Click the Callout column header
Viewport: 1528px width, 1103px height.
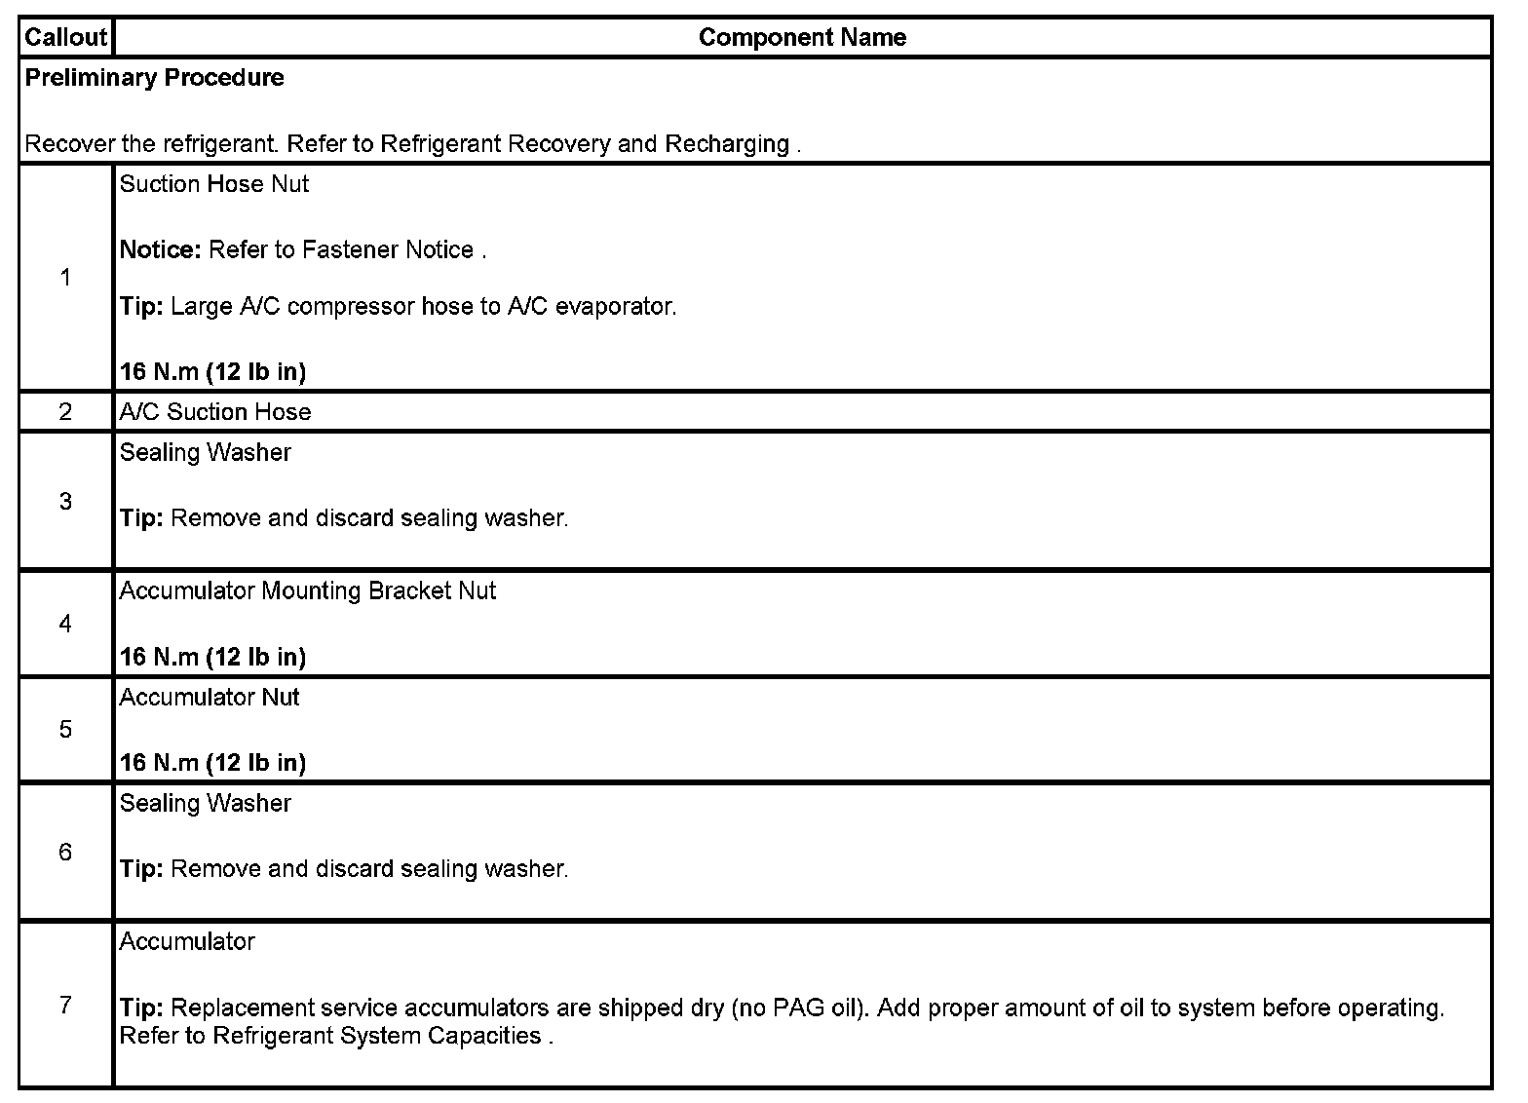(x=65, y=38)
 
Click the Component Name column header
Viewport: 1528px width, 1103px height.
(x=802, y=38)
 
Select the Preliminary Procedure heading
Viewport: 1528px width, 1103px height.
(x=154, y=78)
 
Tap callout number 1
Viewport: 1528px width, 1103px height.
(x=65, y=279)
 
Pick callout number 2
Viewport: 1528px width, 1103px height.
(x=65, y=412)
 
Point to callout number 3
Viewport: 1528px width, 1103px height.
(x=65, y=502)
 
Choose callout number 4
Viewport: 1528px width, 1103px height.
(x=65, y=624)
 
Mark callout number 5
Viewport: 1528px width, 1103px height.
(x=65, y=730)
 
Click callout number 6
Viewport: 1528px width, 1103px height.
(x=65, y=853)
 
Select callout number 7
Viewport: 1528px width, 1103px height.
(x=65, y=1005)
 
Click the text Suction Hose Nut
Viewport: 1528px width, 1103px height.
(x=213, y=184)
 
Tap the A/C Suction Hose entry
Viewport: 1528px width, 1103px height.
(x=214, y=412)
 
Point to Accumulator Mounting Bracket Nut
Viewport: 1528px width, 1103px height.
(x=307, y=591)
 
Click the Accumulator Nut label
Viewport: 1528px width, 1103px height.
(x=209, y=698)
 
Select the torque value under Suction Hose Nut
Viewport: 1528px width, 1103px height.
(x=212, y=372)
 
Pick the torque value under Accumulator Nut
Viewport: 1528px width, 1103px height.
(x=212, y=763)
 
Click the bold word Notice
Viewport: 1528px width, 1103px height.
(x=160, y=250)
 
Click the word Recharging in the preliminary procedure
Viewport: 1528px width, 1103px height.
(x=726, y=144)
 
